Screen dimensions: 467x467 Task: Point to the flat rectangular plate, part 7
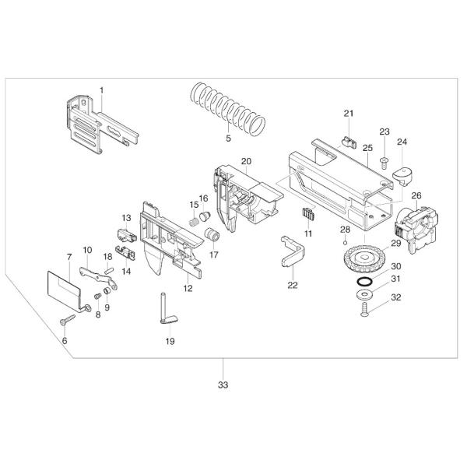(64, 286)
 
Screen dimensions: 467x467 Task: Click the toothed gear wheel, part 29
(360, 258)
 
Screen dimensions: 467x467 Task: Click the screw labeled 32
(365, 311)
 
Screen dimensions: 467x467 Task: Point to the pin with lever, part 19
(167, 308)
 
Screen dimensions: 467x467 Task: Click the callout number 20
(245, 161)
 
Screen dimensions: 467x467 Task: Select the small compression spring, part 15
(195, 219)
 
